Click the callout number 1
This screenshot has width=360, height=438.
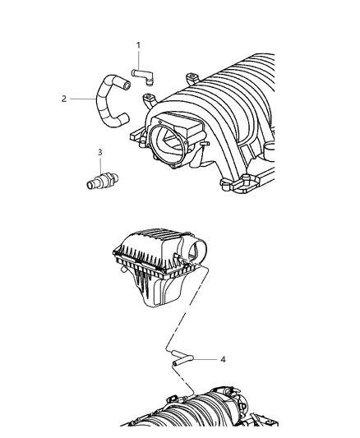pyautogui.click(x=138, y=45)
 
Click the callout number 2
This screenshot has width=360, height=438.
pyautogui.click(x=64, y=99)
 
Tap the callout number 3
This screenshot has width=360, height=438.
pyautogui.click(x=100, y=153)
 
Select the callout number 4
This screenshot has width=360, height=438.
pyautogui.click(x=223, y=359)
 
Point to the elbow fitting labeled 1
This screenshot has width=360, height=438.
pyautogui.click(x=143, y=76)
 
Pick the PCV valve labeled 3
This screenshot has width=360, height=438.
pyautogui.click(x=103, y=181)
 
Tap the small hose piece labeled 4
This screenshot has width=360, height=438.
pyautogui.click(x=182, y=358)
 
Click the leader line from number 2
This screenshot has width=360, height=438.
pyautogui.click(x=83, y=99)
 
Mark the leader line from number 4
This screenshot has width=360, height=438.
pyautogui.click(x=205, y=359)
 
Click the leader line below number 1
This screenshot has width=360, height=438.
pyautogui.click(x=138, y=60)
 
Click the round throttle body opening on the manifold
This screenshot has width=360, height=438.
pyautogui.click(x=168, y=142)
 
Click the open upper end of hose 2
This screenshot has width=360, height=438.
pyautogui.click(x=127, y=85)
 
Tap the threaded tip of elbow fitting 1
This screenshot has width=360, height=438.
pyautogui.click(x=150, y=82)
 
